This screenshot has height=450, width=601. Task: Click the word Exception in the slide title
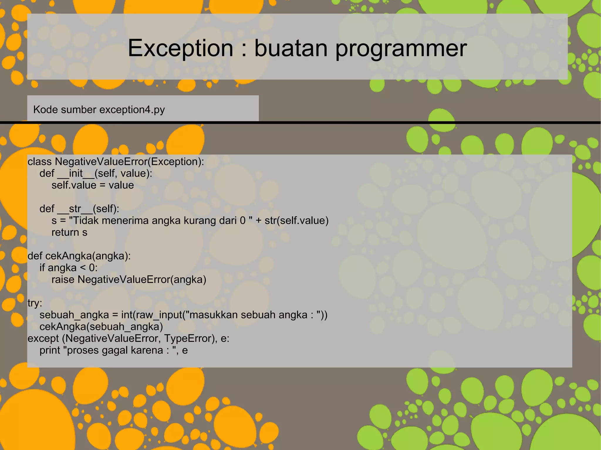coord(180,48)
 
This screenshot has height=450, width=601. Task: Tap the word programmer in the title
coord(401,48)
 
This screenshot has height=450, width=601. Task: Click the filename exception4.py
coord(132,110)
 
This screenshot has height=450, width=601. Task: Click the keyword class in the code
coord(40,162)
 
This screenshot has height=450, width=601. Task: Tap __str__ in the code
coord(75,209)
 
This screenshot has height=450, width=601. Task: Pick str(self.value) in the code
coord(296,220)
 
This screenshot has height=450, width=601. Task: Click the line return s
coord(69,232)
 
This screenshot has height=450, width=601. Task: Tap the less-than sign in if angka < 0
coord(82,268)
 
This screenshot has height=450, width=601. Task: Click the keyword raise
coord(63,280)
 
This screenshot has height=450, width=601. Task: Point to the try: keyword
coord(35,303)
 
